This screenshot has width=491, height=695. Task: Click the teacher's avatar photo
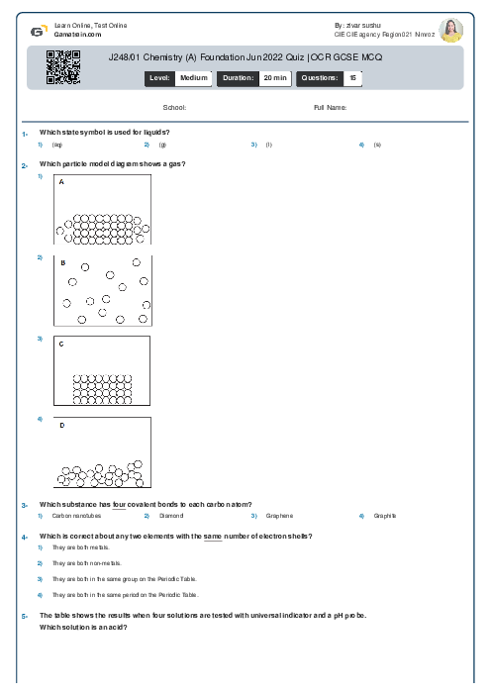(451, 30)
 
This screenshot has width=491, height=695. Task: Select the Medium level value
(193, 77)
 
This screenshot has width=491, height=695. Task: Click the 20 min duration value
(274, 77)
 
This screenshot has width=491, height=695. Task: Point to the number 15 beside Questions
(352, 77)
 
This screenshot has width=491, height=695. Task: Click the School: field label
(174, 107)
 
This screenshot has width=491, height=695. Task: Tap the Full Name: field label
(330, 107)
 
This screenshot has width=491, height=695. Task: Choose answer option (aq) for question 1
(56, 145)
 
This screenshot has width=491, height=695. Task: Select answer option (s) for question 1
(377, 145)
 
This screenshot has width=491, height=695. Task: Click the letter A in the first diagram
(61, 183)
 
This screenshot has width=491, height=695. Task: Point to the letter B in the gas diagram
(62, 263)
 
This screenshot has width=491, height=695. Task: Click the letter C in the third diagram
(61, 345)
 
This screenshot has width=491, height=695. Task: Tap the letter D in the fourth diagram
(61, 426)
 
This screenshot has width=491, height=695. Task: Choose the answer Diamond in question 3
(171, 516)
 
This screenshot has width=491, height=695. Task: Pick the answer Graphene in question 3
(279, 516)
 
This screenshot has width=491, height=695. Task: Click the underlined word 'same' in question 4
(212, 536)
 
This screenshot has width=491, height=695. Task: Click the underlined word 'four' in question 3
(119, 505)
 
